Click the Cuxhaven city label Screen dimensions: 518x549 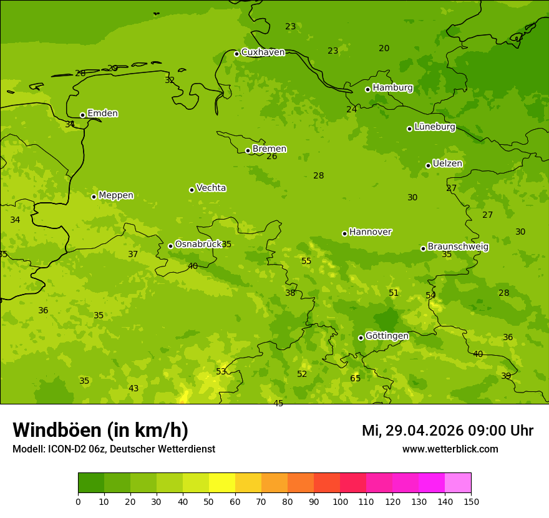263,52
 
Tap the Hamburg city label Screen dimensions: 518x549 392,88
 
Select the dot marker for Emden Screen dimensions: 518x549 82,115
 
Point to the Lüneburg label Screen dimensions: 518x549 434,127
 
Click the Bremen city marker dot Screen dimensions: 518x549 248,150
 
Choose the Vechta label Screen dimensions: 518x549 211,188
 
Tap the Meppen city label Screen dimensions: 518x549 115,196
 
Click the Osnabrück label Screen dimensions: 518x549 198,245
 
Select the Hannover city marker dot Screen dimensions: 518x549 344,233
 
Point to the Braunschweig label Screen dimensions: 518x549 458,247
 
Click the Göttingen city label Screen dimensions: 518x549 387,336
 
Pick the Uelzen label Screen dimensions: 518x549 447,164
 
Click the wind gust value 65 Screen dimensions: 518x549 355,379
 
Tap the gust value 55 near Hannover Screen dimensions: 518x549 306,261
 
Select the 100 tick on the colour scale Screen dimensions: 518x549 340,501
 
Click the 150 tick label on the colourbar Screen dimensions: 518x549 471,501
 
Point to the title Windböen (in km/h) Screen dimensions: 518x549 100,430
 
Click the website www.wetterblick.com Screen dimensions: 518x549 450,449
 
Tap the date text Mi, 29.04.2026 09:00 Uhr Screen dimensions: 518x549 447,431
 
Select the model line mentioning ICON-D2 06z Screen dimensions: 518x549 114,449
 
